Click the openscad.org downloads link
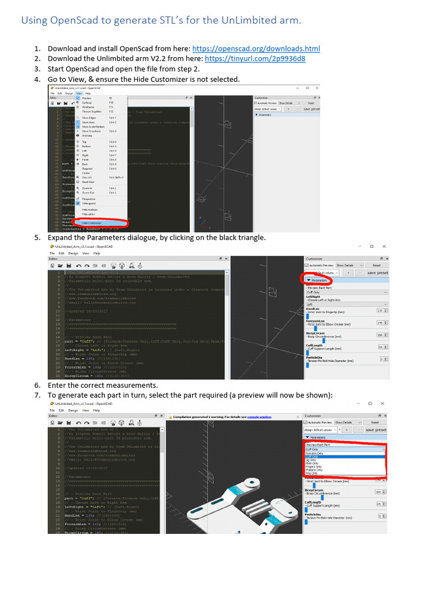coord(256,49)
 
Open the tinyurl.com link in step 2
coord(255,59)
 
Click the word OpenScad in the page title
coord(74,21)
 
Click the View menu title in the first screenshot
coord(79,93)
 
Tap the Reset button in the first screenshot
coord(311,103)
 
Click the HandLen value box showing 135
coord(380,310)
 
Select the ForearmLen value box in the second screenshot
coord(380,323)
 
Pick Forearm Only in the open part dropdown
coord(314,453)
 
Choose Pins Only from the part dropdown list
coord(311,473)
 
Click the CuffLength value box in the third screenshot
coord(380,504)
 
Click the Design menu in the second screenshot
coord(73,253)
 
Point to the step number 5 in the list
coord(36,237)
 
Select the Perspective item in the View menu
coord(88,199)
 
